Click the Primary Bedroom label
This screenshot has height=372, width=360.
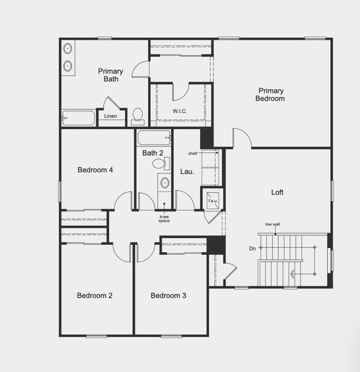pos(271,95)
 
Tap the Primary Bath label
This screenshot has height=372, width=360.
pos(110,75)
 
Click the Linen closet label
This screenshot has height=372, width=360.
pos(110,116)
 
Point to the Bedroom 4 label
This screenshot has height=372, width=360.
pos(95,170)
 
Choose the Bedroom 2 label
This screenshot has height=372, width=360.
pos(94,296)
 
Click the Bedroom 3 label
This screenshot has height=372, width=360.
pos(168,296)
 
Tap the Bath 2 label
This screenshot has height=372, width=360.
pos(153,153)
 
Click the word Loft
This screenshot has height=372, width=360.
pos(277,192)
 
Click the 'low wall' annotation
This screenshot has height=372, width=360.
pos(272,224)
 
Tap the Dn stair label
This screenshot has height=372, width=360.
pos(252,248)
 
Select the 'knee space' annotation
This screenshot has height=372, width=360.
pos(164,218)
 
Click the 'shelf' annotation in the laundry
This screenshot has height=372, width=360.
pos(193,152)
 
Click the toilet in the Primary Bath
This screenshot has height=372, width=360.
pos(137,115)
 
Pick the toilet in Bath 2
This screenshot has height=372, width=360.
pos(159,164)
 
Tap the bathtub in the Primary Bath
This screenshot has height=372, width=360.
pos(78,118)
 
